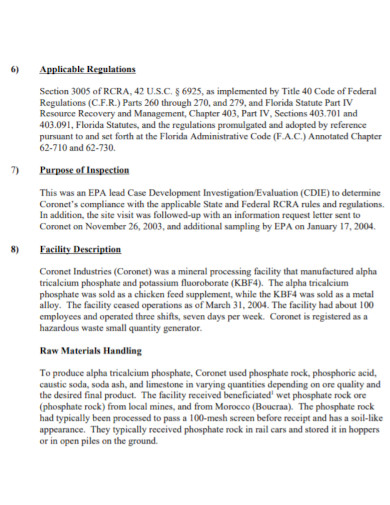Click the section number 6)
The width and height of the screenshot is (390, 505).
click(15, 70)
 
